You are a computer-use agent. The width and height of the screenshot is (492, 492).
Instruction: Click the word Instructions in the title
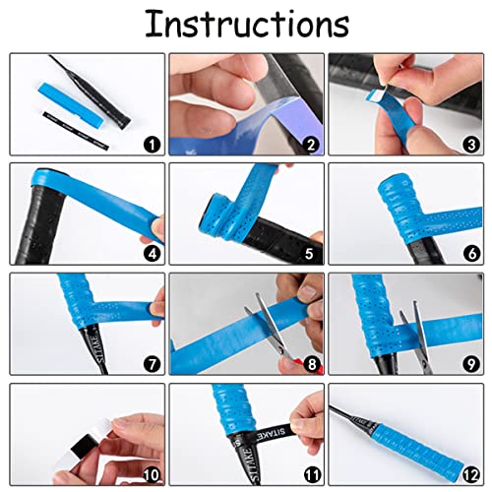(x=247, y=24)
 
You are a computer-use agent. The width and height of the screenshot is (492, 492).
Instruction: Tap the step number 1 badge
(x=152, y=145)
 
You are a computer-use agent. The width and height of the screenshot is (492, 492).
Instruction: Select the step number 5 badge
(x=309, y=254)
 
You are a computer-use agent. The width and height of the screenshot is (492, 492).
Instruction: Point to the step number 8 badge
(x=312, y=364)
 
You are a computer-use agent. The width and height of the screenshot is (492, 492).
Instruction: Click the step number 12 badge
(x=471, y=474)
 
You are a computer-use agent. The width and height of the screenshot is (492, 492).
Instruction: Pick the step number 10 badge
(x=152, y=474)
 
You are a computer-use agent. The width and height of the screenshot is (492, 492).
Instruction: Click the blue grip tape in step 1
(x=72, y=104)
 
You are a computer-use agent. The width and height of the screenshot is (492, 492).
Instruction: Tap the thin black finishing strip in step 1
(x=76, y=131)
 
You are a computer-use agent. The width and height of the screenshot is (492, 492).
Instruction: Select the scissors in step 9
(x=417, y=338)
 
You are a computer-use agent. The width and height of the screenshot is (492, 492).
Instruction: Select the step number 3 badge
(x=471, y=145)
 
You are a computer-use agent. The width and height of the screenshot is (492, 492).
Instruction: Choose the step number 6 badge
(x=472, y=253)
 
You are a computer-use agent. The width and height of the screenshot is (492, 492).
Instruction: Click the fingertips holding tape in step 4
(x=154, y=230)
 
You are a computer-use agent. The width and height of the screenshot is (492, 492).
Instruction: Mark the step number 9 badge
(x=471, y=364)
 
